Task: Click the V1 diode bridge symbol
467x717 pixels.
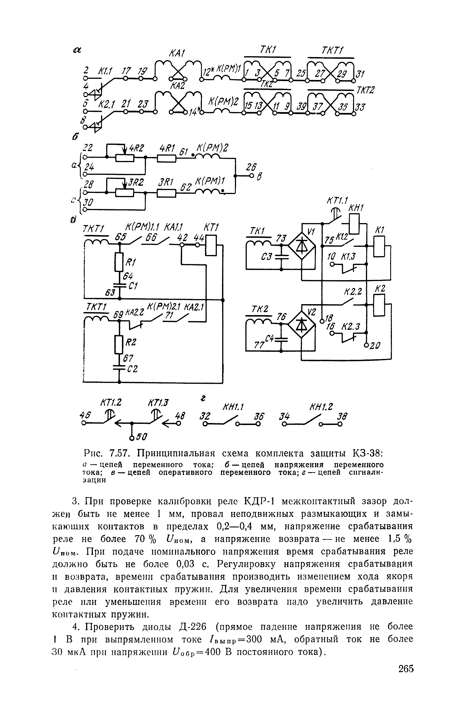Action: tap(302, 246)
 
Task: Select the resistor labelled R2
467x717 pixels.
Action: tap(119, 344)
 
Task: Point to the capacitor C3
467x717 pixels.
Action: tap(281, 256)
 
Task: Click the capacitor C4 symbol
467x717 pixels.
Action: tap(281, 339)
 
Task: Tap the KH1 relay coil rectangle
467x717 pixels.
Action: tap(355, 224)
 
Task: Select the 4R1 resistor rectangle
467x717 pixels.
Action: tap(166, 158)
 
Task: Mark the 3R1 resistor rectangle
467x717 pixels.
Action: tap(166, 193)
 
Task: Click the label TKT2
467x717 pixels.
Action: tap(365, 90)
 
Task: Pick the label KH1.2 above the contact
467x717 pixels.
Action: tap(321, 407)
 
